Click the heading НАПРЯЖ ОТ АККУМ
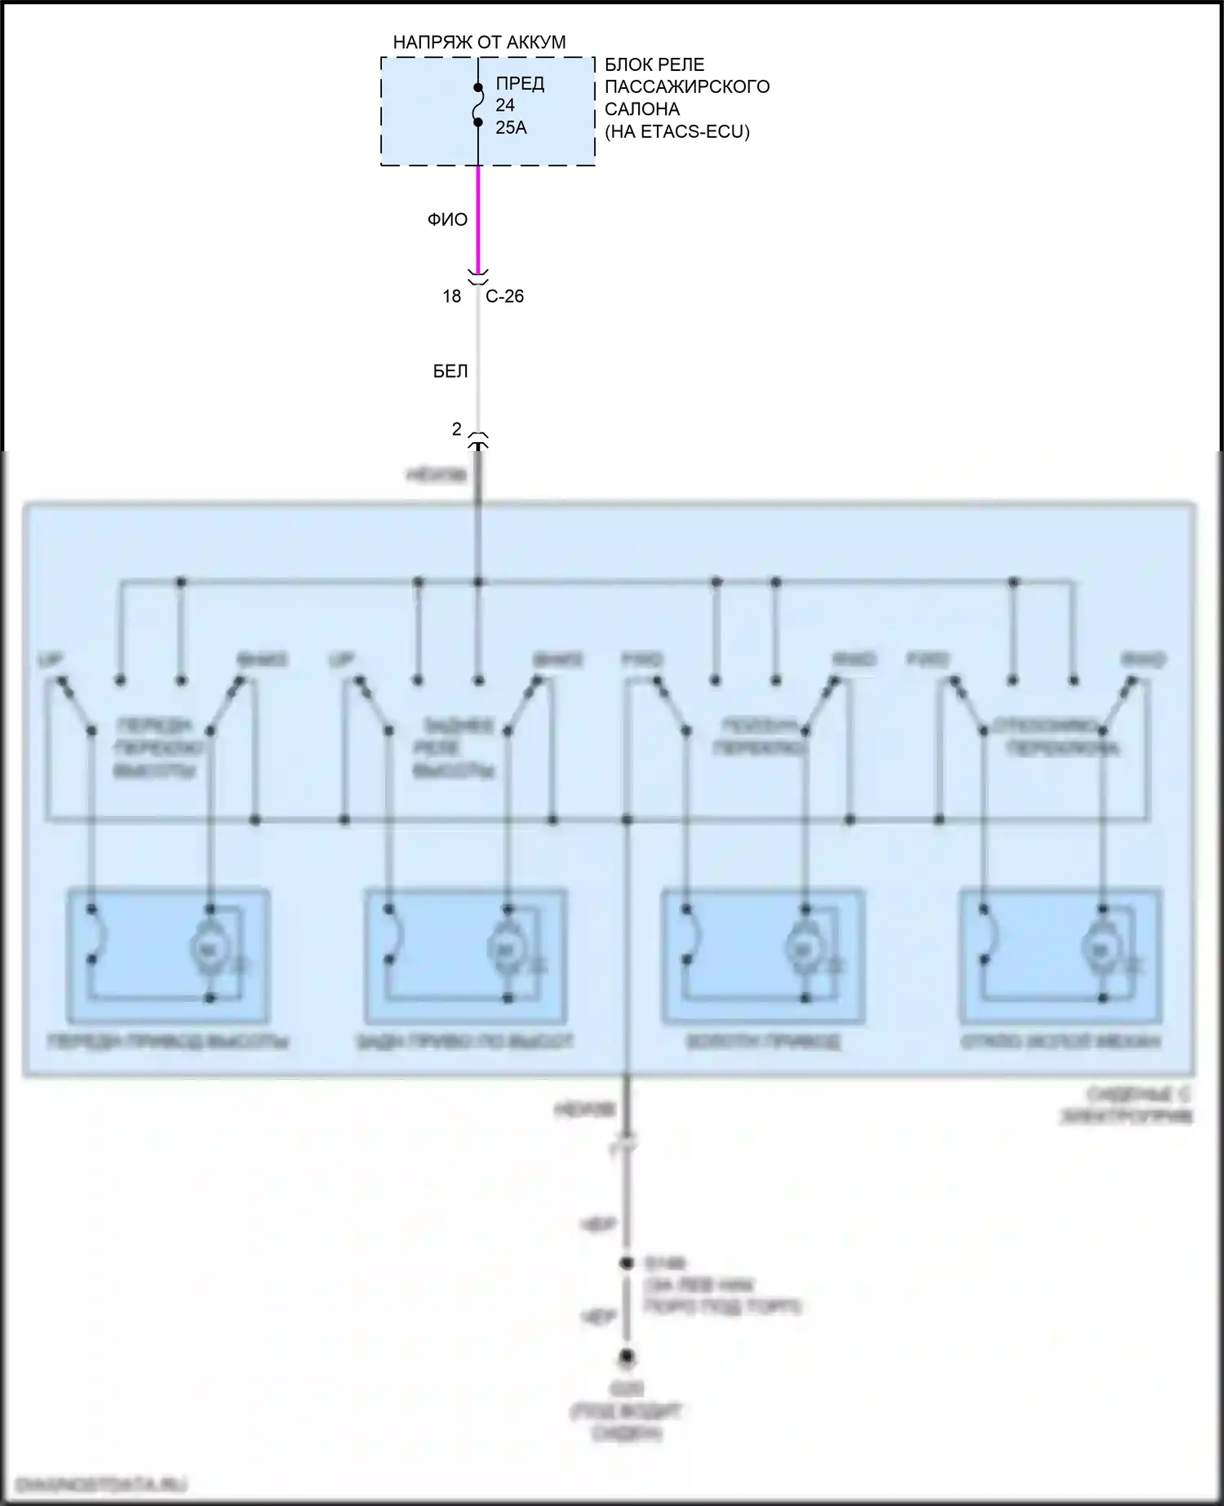(479, 42)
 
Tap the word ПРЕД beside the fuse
(520, 84)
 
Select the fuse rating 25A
(511, 127)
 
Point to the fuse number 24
(505, 105)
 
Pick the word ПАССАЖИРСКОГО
(687, 86)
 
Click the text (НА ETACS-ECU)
(676, 131)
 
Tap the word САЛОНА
(642, 109)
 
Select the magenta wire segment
(478, 219)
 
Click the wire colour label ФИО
(447, 219)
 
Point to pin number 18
(451, 296)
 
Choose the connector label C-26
(504, 296)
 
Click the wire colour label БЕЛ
(450, 372)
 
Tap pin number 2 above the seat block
(457, 428)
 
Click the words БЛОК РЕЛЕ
(654, 64)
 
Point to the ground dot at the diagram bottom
(627, 1358)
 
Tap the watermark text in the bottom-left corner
(98, 1483)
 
